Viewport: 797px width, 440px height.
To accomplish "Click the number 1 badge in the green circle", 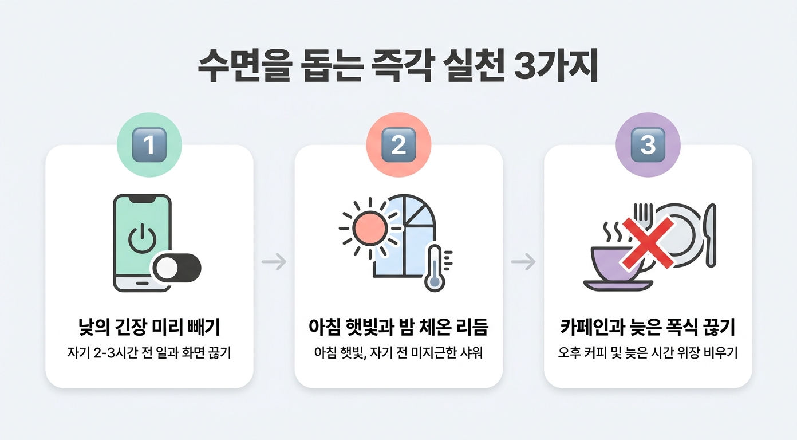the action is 149,145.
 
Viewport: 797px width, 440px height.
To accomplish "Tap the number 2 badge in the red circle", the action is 398,145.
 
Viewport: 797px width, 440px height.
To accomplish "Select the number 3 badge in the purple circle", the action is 648,145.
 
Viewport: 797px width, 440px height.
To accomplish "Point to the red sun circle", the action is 370,229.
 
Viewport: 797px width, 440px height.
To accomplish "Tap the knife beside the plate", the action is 711,235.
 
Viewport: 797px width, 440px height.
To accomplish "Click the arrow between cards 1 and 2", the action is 274,262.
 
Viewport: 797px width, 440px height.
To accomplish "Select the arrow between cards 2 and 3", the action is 523,262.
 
